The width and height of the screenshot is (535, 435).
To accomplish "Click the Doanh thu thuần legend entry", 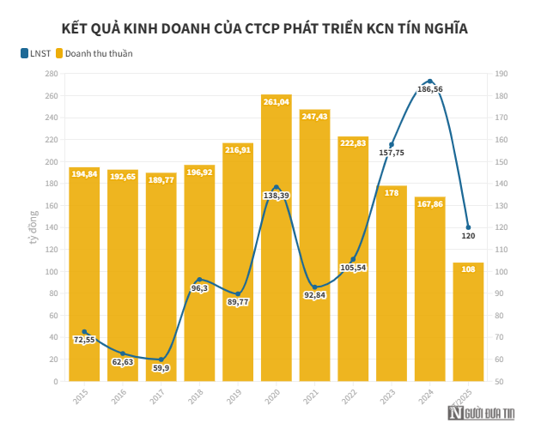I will pos(94,53).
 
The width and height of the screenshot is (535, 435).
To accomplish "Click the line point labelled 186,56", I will pos(430,82).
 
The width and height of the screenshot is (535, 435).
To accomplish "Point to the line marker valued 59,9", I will pos(161,359).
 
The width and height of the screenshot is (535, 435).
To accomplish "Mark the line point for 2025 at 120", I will pos(468,227).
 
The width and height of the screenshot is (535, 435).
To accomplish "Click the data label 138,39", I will pos(276,196).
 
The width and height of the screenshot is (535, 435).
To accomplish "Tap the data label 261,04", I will pos(276,101).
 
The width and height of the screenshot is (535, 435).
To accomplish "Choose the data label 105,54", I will pos(353,269).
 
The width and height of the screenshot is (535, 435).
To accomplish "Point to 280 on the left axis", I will pos(51,74).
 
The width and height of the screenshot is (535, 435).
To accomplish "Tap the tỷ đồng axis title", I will pos(33,227).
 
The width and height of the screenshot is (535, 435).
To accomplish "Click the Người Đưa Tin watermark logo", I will pos(480,414).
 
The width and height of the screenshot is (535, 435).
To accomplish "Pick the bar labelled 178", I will pos(392,283).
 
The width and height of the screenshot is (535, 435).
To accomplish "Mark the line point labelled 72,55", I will pos(84,331).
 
